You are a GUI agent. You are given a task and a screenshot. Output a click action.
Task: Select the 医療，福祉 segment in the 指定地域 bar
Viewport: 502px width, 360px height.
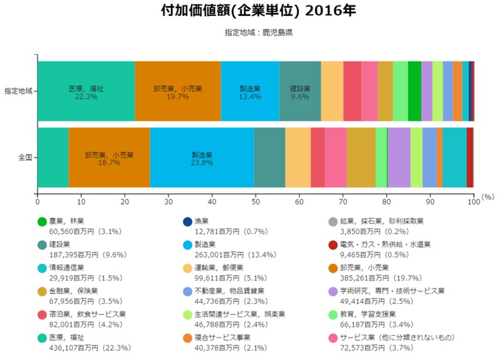point(86,91)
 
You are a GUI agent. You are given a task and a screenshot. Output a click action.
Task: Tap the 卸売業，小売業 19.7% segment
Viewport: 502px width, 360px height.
point(177,91)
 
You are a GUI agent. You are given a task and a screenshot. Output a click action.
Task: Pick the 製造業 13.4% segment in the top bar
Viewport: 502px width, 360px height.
point(250,91)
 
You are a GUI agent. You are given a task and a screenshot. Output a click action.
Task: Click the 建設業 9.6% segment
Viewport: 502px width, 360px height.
point(300,91)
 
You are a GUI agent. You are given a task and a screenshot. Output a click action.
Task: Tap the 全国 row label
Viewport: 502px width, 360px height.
point(25,158)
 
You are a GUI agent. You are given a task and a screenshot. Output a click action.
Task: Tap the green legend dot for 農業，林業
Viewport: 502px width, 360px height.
point(42,221)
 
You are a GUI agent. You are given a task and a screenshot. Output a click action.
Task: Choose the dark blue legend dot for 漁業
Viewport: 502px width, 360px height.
point(187,221)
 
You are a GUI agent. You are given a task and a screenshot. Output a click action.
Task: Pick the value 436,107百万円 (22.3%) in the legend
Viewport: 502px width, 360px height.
point(89,348)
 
